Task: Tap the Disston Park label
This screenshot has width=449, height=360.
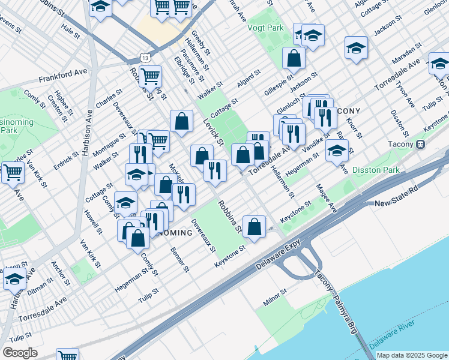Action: tap(376, 170)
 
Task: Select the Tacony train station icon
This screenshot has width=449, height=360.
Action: tap(421, 144)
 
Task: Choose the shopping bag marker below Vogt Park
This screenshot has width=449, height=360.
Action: tap(294, 59)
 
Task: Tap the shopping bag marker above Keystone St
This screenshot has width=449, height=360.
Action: tap(255, 227)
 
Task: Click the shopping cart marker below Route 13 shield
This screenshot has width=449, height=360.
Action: tap(150, 76)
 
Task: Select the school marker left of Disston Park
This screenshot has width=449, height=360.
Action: tap(337, 151)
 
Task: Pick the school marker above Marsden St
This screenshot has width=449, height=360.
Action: tap(356, 47)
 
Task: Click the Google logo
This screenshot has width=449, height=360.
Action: tap(20, 353)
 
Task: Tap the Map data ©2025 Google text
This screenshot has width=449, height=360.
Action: tap(411, 355)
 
